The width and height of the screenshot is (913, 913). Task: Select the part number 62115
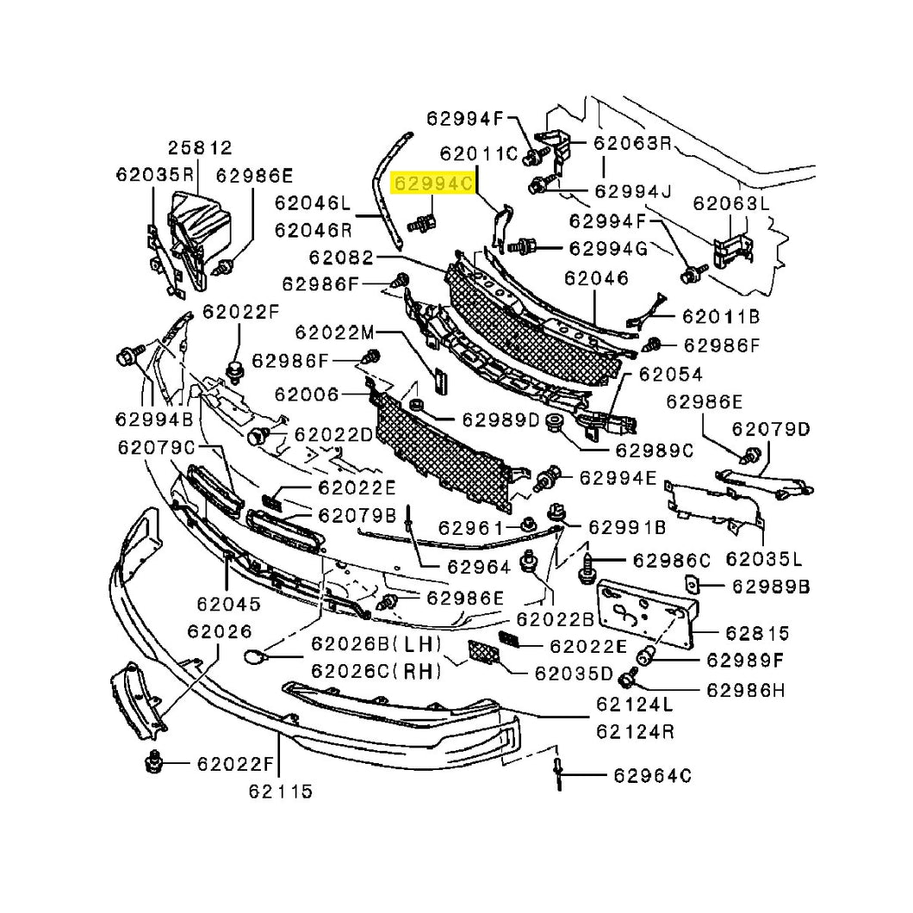coord(277,791)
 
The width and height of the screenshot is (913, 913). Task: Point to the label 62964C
coord(652,775)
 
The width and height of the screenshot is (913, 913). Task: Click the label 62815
coord(757,633)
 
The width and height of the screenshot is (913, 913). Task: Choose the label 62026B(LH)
coord(376,643)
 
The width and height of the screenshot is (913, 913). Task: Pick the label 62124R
coord(635,732)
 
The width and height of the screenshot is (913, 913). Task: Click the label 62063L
coord(730,204)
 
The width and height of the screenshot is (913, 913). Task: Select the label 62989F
coord(745,661)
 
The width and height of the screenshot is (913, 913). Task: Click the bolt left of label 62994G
coord(519,247)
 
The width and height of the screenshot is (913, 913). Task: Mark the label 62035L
coord(763,560)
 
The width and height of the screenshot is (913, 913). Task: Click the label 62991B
coord(627,526)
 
